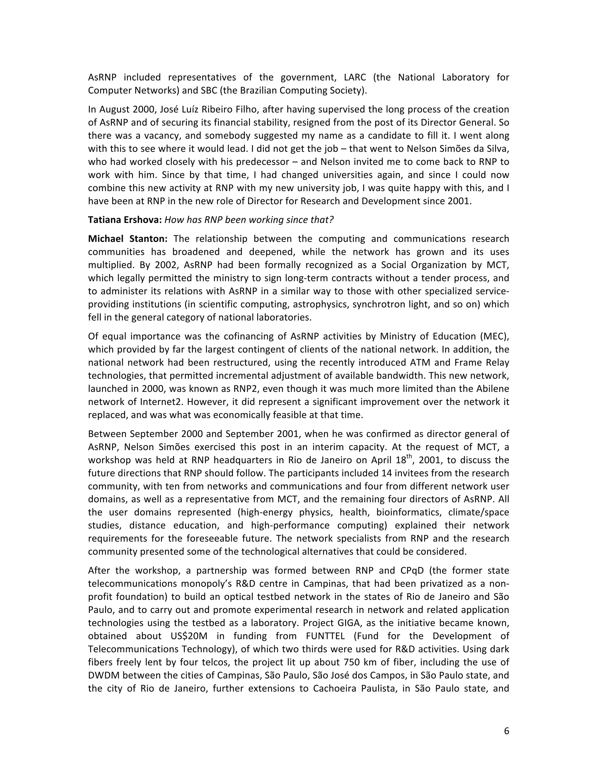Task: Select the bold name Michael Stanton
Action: coord(128,239)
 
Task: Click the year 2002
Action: coord(164,265)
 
